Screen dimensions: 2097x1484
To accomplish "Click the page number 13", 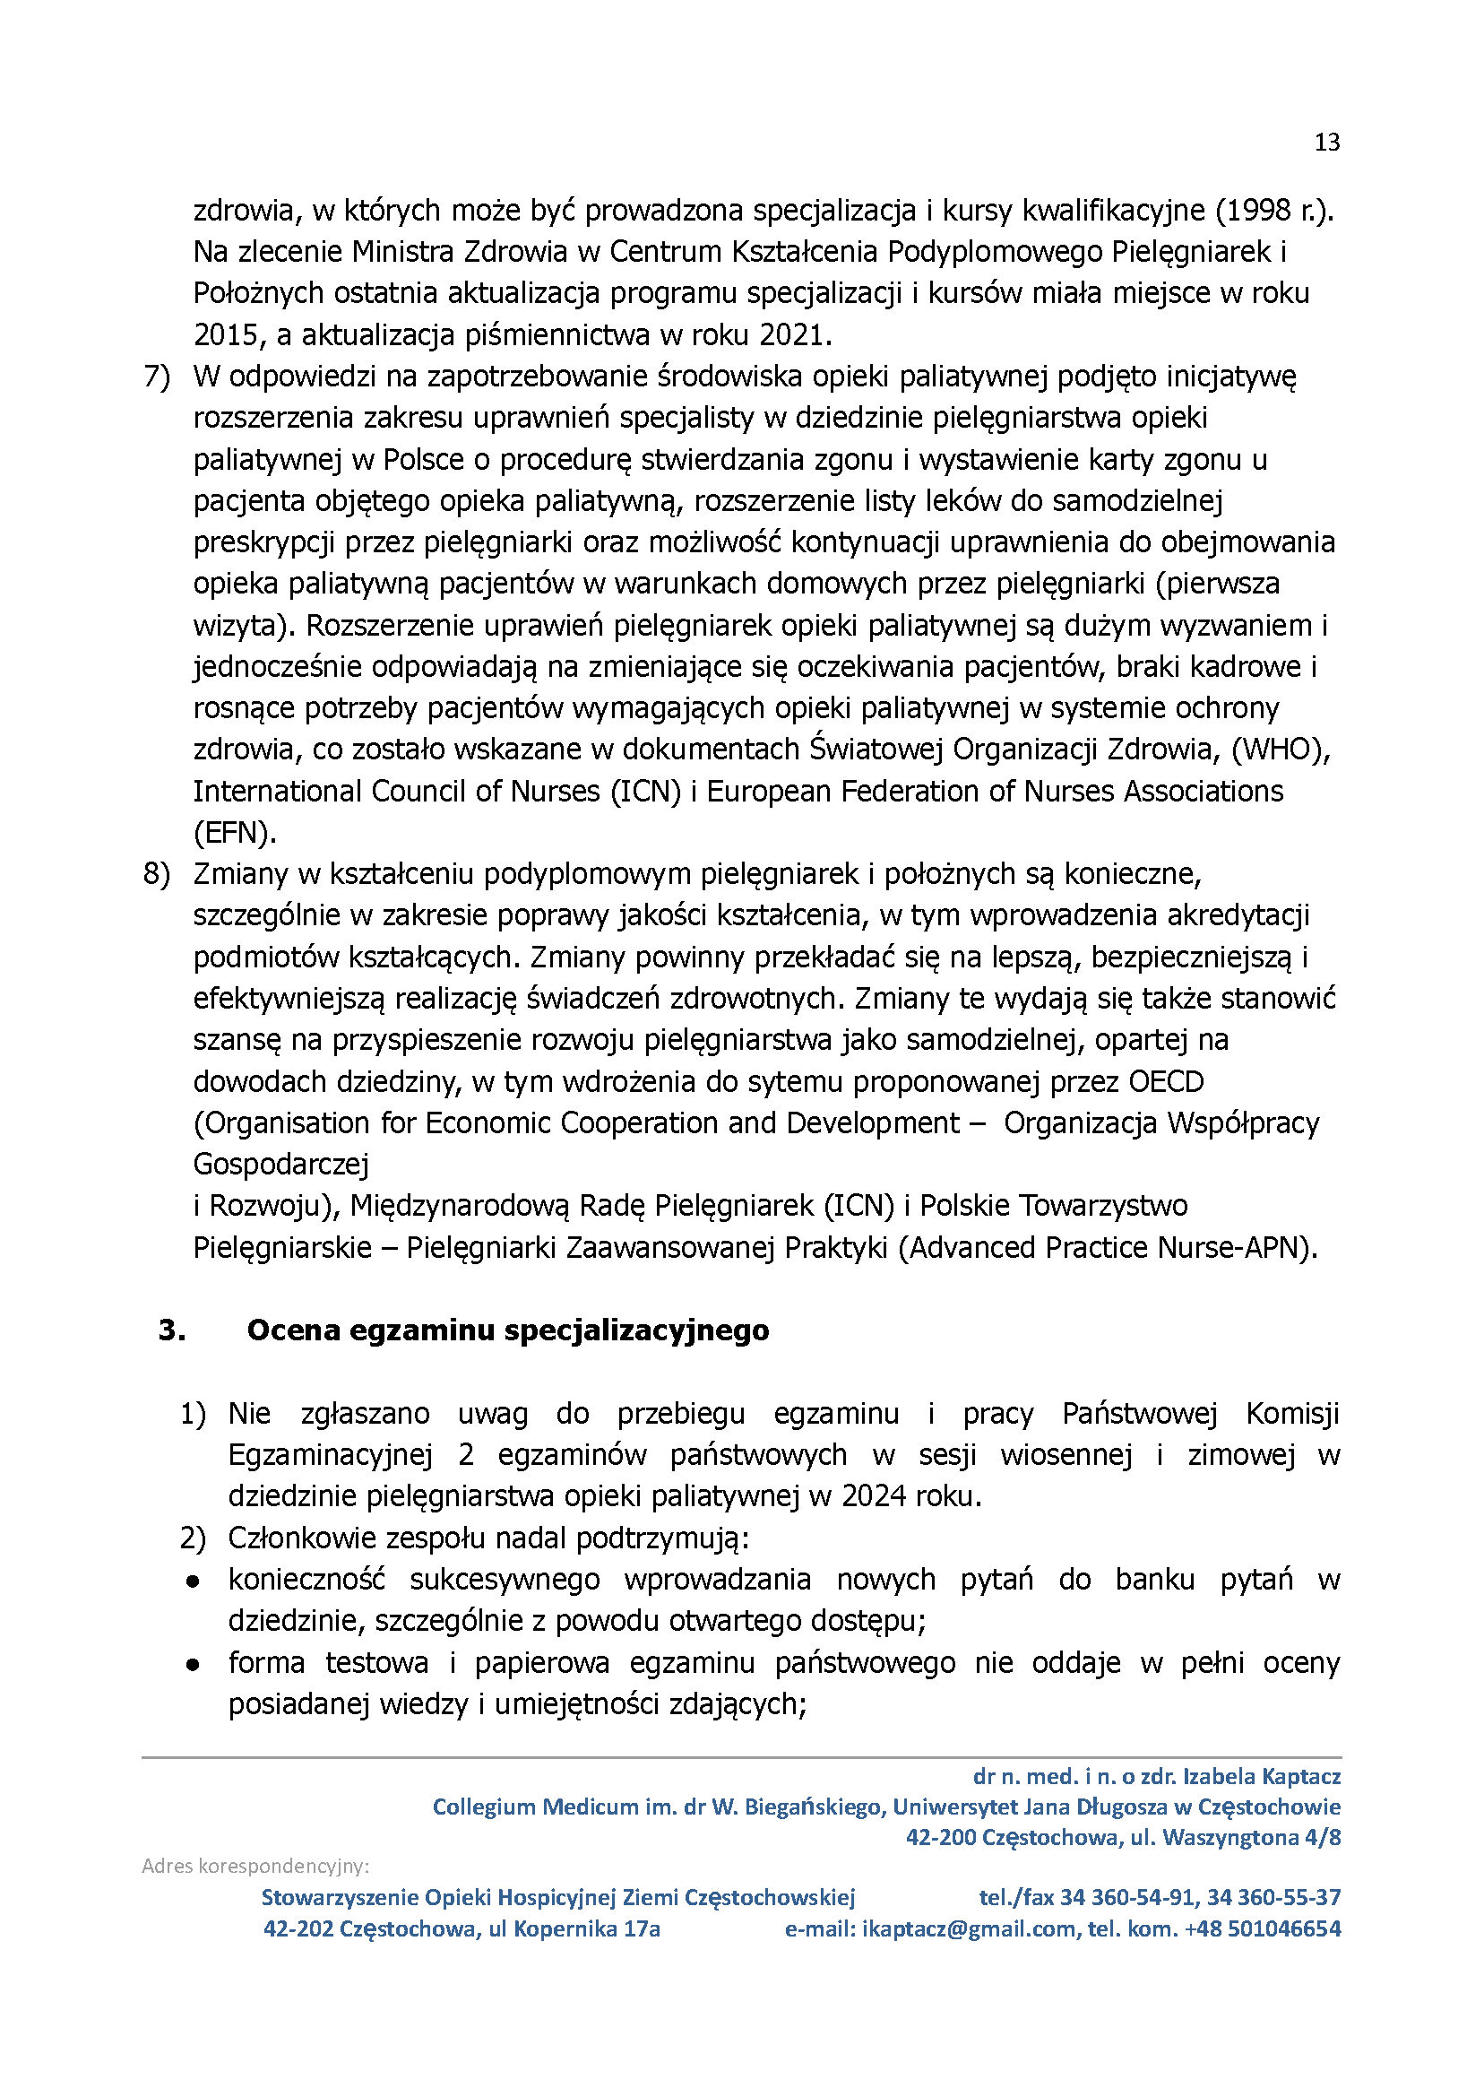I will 1326,143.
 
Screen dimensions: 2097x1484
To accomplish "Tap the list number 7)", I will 157,377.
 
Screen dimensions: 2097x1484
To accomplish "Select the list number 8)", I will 157,874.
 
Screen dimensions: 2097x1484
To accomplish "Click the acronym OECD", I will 1166,1081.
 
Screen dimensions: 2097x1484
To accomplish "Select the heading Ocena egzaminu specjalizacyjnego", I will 507,1330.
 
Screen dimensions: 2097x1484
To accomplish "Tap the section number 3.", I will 172,1330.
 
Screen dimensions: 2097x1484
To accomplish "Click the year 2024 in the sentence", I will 874,1496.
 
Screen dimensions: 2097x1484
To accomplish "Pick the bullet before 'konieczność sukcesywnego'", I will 193,1581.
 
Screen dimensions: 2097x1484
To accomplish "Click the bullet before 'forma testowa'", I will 193,1664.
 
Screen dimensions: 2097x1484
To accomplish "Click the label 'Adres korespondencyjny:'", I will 255,1866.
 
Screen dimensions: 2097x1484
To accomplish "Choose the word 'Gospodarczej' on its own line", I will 281,1165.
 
